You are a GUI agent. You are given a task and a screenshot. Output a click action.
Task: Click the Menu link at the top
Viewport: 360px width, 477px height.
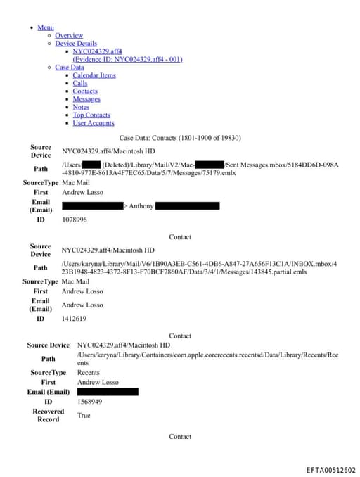pyautogui.click(x=46, y=27)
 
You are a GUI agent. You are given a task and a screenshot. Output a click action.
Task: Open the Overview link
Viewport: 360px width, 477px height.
pyautogui.click(x=69, y=35)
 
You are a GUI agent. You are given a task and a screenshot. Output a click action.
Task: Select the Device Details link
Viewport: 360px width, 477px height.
pyautogui.click(x=76, y=44)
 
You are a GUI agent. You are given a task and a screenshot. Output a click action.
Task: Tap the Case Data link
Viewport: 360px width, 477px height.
pyautogui.click(x=70, y=68)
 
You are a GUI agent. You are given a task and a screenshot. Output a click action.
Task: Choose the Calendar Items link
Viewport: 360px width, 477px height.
pyautogui.click(x=94, y=75)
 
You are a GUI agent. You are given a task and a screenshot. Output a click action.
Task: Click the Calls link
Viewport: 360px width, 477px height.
pyautogui.click(x=80, y=83)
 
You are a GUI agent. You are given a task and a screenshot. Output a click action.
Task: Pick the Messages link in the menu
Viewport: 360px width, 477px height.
pyautogui.click(x=86, y=99)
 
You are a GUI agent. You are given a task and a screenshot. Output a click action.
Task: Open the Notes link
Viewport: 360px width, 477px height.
pyautogui.click(x=82, y=107)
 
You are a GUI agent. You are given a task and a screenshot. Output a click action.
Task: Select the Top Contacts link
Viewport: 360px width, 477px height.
pyautogui.click(x=91, y=115)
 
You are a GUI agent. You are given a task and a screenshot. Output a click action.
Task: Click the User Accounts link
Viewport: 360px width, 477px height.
pyautogui.click(x=94, y=123)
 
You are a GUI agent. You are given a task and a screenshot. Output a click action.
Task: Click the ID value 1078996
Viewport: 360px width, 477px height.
pyautogui.click(x=75, y=220)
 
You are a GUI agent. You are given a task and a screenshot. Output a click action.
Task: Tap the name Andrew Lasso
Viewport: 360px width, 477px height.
pyautogui.click(x=82, y=192)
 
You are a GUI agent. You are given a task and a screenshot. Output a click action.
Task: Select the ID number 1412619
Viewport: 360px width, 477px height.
pyautogui.click(x=74, y=319)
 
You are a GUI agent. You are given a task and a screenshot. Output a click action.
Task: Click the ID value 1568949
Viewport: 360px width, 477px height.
pyautogui.click(x=89, y=402)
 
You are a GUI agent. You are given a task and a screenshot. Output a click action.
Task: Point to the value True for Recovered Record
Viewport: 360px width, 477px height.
pyautogui.click(x=84, y=415)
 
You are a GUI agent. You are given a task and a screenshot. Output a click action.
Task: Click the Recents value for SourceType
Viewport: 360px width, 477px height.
pyautogui.click(x=89, y=372)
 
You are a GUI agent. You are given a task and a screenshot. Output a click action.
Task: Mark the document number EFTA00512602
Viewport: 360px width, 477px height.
pyautogui.click(x=330, y=470)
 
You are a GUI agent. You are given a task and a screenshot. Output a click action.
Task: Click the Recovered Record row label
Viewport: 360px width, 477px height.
pyautogui.click(x=48, y=415)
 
